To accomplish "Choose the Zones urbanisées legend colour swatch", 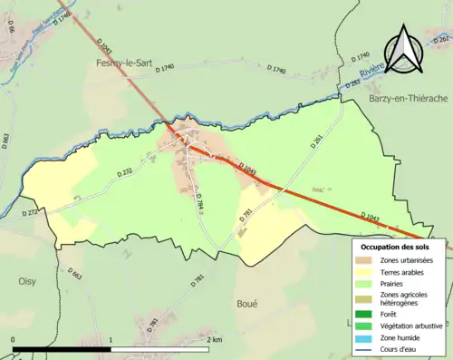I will (x=368, y=260).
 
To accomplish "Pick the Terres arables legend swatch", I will (x=368, y=271).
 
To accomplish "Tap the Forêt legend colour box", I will (x=368, y=314).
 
